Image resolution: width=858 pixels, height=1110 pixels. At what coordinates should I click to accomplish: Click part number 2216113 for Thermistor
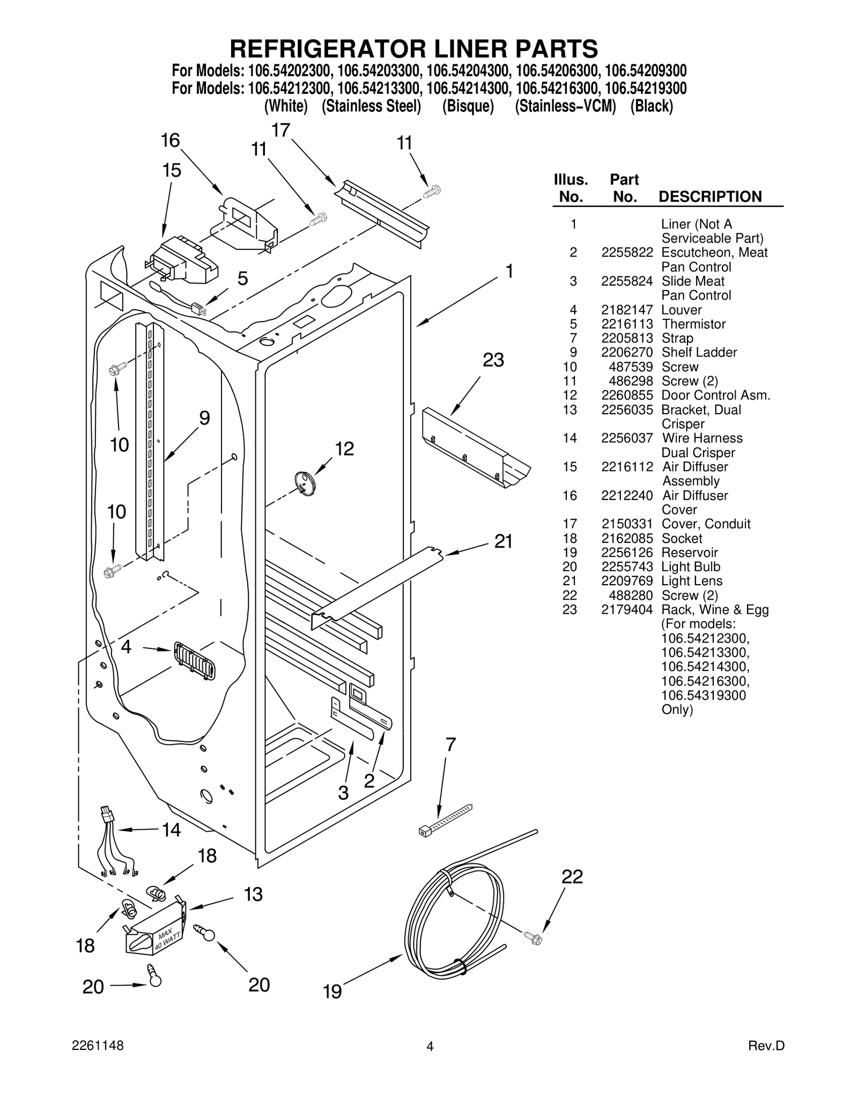click(x=626, y=324)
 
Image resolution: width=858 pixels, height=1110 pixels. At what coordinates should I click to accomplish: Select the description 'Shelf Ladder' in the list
click(x=699, y=353)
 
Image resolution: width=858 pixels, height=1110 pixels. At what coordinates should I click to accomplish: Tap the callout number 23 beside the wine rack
click(x=493, y=361)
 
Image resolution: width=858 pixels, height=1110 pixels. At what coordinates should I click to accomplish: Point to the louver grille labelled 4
click(x=194, y=661)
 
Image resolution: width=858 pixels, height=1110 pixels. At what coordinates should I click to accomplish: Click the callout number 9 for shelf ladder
click(x=204, y=419)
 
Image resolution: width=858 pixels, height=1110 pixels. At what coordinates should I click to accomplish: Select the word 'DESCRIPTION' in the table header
click(x=709, y=197)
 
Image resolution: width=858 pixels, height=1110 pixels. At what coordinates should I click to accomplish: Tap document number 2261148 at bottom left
click(x=98, y=1061)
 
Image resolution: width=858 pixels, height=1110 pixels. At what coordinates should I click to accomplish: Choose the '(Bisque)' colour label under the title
click(x=468, y=107)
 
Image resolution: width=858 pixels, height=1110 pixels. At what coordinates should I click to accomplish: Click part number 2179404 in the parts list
click(x=626, y=610)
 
